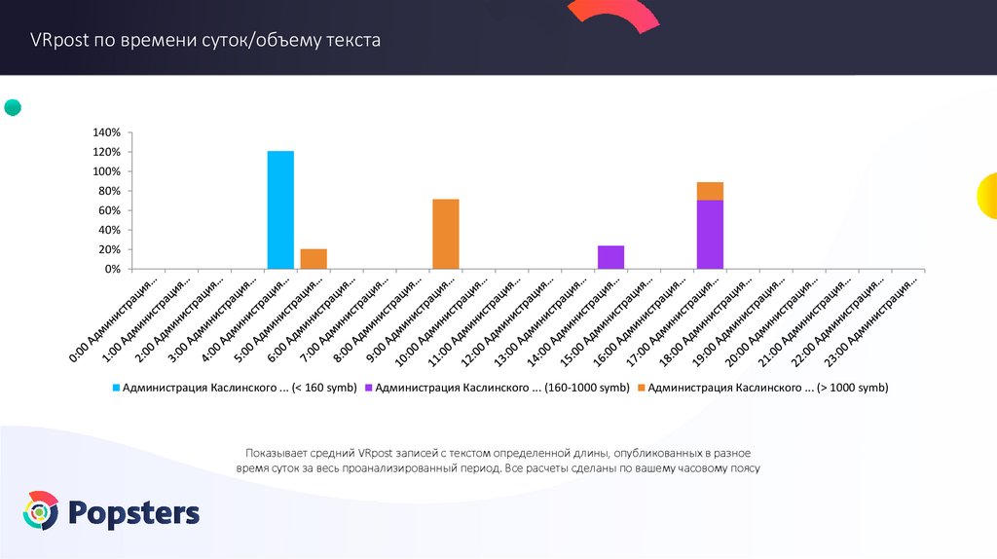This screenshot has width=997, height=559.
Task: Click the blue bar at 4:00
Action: point(280,209)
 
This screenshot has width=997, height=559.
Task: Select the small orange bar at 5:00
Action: point(314,259)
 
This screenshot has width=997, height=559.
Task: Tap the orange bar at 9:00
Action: point(446,234)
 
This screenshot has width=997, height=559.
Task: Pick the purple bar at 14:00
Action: point(610,257)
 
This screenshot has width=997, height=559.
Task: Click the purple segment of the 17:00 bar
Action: point(710,234)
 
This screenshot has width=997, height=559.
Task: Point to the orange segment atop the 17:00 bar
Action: point(710,191)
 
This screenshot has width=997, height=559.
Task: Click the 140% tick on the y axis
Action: point(106,132)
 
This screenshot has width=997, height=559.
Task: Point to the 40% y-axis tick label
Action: point(109,230)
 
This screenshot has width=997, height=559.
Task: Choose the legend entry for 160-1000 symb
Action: point(498,388)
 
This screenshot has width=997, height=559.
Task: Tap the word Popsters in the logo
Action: point(134,512)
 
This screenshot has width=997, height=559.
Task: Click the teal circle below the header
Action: point(13,107)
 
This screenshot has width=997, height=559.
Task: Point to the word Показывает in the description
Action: point(276,453)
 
